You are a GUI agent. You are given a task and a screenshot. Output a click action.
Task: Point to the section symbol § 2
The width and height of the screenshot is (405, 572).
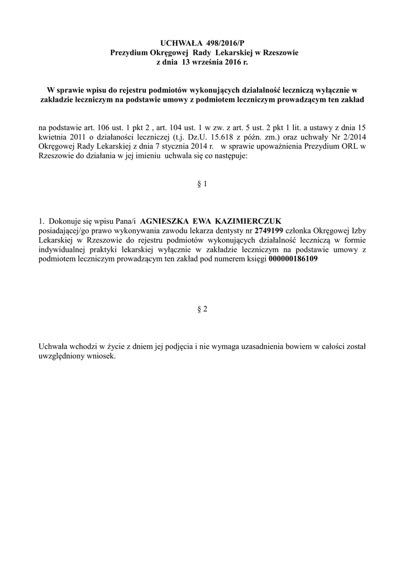[x=202, y=311]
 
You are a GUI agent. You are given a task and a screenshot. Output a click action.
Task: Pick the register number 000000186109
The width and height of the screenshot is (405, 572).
[x=293, y=259]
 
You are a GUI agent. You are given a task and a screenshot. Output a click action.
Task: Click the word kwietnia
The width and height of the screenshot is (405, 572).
[x=53, y=137]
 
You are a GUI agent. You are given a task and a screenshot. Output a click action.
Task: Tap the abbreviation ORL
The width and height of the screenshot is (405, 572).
[x=345, y=147]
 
